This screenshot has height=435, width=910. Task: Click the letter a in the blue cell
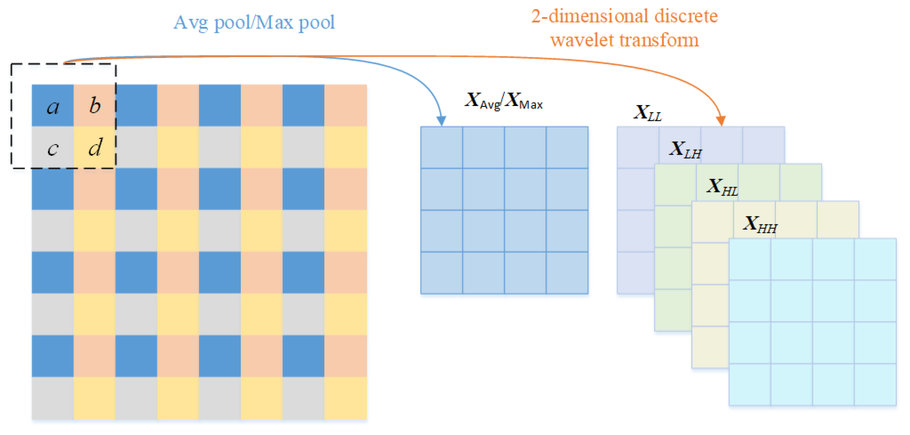(53, 107)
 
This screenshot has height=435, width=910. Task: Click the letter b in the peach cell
(95, 105)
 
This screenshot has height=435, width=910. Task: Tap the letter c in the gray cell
(53, 148)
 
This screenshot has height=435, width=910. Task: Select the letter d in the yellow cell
(95, 147)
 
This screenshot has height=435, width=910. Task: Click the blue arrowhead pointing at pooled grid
(442, 121)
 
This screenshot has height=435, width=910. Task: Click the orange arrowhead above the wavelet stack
(721, 121)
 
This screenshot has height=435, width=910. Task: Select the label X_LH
(685, 149)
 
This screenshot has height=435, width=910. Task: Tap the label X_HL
(722, 187)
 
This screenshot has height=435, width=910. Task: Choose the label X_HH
(760, 224)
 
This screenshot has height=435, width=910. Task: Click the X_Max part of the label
(525, 101)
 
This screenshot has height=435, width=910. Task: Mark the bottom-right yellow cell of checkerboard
(346, 398)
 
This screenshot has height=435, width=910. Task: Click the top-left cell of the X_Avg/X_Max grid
(442, 147)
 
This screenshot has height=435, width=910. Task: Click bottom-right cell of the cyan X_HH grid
(875, 384)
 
